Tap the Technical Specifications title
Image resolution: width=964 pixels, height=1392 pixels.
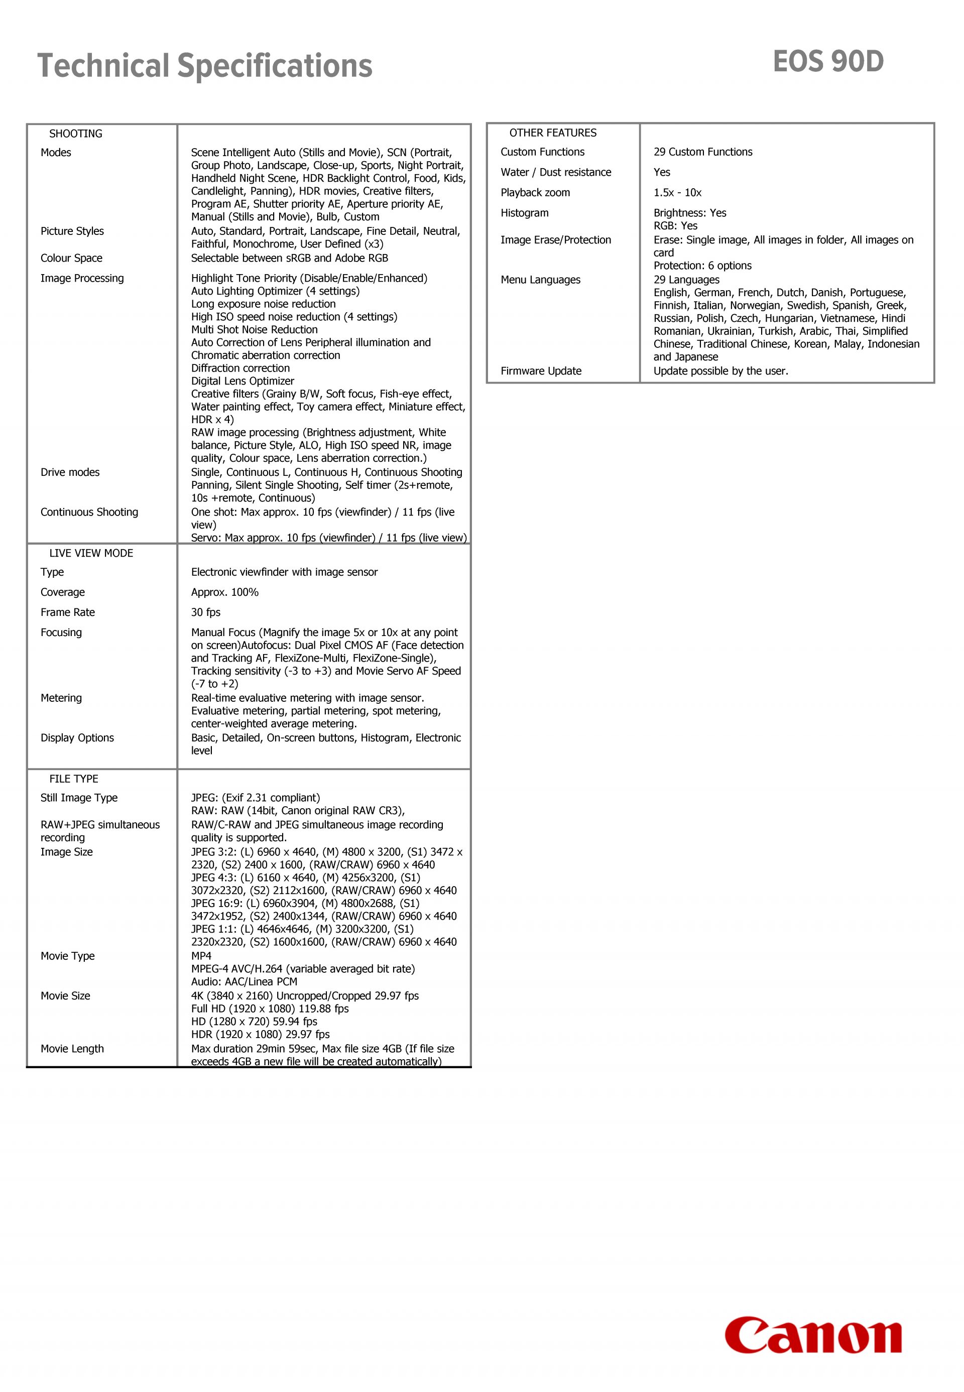click(x=205, y=66)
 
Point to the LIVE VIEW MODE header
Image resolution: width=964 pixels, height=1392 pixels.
click(x=91, y=553)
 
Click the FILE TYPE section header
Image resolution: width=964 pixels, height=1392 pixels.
click(x=74, y=779)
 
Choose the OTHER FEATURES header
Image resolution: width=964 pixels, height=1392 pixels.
click(x=553, y=133)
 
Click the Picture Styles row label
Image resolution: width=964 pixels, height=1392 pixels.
click(x=72, y=231)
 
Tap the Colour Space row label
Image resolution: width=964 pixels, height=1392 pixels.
click(x=71, y=258)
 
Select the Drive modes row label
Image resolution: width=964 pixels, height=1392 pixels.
click(x=70, y=472)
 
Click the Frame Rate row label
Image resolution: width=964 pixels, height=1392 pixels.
click(x=68, y=612)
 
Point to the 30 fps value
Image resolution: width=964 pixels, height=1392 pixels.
click(x=206, y=612)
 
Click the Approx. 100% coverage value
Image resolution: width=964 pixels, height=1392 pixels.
click(x=225, y=592)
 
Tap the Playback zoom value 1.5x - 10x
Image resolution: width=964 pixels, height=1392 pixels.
click(x=677, y=193)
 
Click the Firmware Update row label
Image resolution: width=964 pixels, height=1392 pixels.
click(x=541, y=371)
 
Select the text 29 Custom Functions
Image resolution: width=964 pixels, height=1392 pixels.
click(x=702, y=152)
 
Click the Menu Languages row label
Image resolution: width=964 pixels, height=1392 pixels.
click(x=540, y=280)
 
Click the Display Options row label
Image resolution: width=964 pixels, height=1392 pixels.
click(x=77, y=737)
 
